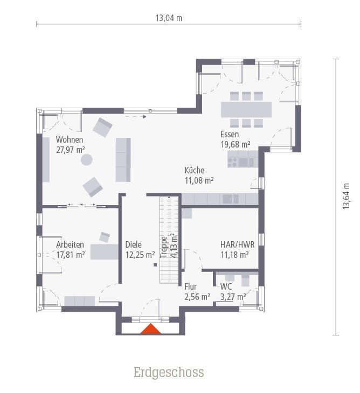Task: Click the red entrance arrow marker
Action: (x=151, y=329)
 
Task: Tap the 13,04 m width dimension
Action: (x=169, y=18)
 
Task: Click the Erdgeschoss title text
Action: (x=169, y=372)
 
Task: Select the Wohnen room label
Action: (x=70, y=140)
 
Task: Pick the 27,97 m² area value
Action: (x=71, y=150)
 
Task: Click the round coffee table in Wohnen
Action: (x=86, y=160)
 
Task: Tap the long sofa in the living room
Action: (x=123, y=159)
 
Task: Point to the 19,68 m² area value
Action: (x=235, y=144)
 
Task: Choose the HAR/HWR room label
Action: (x=238, y=244)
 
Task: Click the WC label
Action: (x=226, y=286)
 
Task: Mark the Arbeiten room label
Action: (x=70, y=244)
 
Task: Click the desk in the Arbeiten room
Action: (x=104, y=252)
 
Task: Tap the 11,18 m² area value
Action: (x=235, y=254)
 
